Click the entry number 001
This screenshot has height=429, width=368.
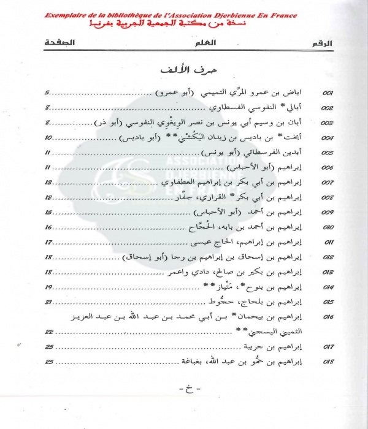click(327, 93)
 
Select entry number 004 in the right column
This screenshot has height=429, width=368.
click(327, 138)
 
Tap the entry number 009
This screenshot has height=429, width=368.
click(327, 213)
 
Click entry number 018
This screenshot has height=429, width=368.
click(327, 363)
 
